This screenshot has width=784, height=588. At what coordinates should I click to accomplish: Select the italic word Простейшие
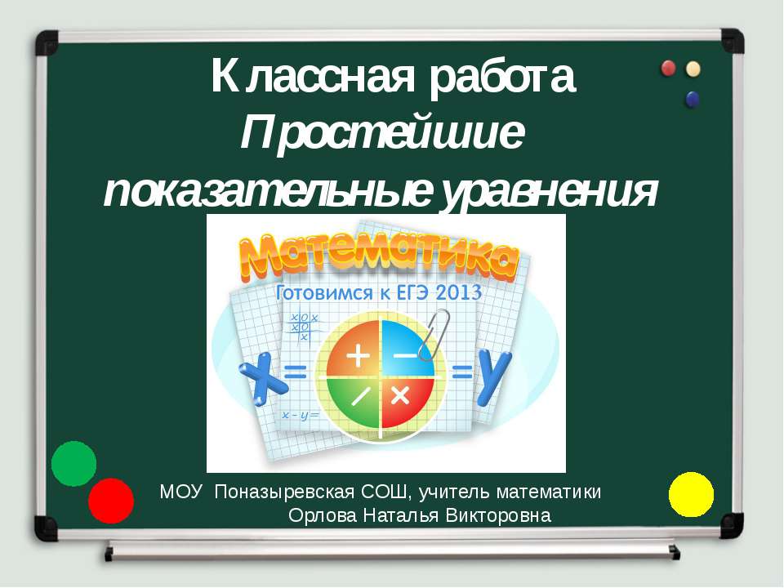(x=382, y=133)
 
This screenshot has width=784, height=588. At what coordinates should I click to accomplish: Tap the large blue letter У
(x=494, y=376)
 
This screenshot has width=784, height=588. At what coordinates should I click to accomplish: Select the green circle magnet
(x=74, y=463)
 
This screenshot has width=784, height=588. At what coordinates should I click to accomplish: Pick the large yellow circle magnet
(x=691, y=494)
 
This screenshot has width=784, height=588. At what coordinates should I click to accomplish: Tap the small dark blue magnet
(x=693, y=100)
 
